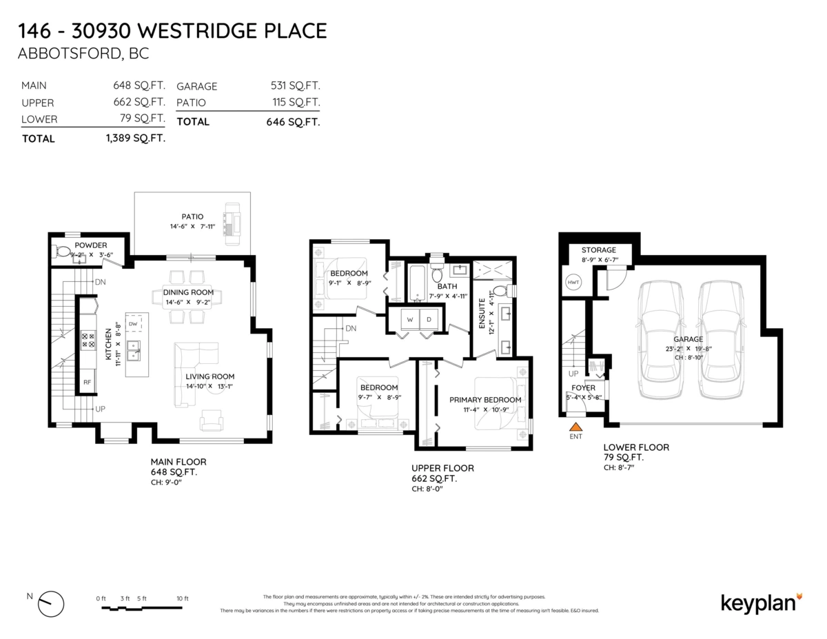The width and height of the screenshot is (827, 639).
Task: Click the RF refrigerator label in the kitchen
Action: pos(88,381)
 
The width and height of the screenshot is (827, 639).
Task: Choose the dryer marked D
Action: pos(428,320)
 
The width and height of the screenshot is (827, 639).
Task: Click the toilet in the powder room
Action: pos(62,252)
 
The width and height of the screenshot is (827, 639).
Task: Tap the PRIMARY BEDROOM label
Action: pos(485,400)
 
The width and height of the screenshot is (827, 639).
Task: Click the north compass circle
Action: pos(52,603)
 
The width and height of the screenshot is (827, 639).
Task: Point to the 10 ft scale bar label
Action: pos(182,598)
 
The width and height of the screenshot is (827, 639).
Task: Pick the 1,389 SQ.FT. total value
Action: pos(136,139)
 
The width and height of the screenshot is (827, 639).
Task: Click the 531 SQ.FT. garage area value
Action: pos(295,86)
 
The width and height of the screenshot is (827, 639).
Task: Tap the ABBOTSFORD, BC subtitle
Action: pos(83,54)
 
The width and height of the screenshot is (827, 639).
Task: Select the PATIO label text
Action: pos(192,216)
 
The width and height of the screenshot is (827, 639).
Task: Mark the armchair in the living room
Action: pos(212,419)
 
